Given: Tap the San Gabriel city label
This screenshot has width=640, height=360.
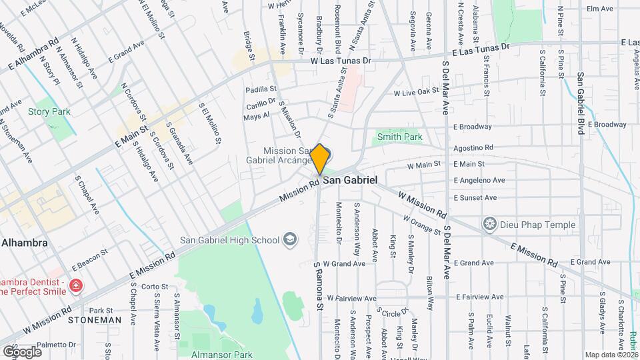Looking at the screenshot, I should pyautogui.click(x=351, y=181).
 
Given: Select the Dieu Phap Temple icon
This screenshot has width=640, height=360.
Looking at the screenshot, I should pyautogui.click(x=491, y=224).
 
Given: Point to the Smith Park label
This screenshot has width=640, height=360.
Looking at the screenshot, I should pyautogui.click(x=399, y=137).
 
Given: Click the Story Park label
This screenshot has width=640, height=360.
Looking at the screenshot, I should pyautogui.click(x=49, y=112).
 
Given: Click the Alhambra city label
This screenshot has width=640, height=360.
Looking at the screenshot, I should pyautogui.click(x=24, y=243).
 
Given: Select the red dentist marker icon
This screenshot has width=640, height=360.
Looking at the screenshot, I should pyautogui.click(x=77, y=287).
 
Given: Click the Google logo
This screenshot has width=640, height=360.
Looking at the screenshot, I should pyautogui.click(x=22, y=351).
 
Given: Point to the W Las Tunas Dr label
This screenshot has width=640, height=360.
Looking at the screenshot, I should pyautogui.click(x=340, y=61).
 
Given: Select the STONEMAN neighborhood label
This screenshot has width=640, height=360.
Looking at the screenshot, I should pyautogui.click(x=94, y=320).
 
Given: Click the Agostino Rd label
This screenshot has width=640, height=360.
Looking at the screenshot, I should pyautogui.click(x=473, y=147).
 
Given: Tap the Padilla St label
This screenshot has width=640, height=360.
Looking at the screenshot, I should pyautogui.click(x=261, y=89).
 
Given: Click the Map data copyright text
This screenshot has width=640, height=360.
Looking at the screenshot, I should pyautogui.click(x=610, y=355).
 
